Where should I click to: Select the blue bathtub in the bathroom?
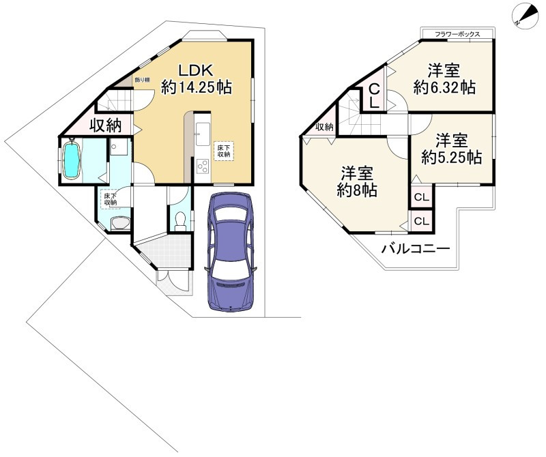tap(72, 159)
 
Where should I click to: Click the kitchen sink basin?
tap(203, 132)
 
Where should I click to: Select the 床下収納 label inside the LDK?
tap(224, 150)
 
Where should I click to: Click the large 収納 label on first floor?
tap(104, 125)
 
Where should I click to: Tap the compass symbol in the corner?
tap(523, 15)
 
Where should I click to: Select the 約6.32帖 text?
tap(444, 87)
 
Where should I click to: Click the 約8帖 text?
tap(357, 190)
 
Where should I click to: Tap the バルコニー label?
tap(415, 248)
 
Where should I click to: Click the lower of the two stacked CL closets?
tap(421, 221)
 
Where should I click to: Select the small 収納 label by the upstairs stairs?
tap(325, 127)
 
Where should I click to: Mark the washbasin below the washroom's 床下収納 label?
tap(119, 223)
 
